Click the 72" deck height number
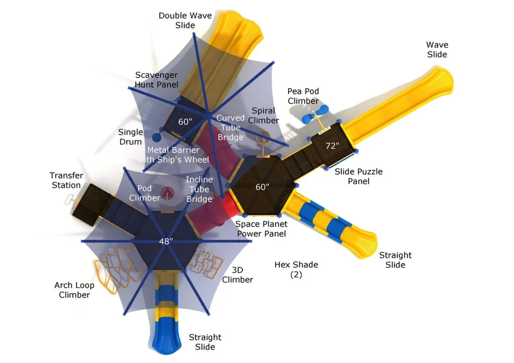point(332,146)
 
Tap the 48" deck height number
point(166,241)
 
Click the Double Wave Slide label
point(185,20)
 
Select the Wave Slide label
point(437,50)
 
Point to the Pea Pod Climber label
point(303,96)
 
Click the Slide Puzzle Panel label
point(358,176)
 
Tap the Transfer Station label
point(66,180)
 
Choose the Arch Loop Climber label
point(74,290)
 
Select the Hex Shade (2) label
point(296,269)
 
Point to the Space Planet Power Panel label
point(261,228)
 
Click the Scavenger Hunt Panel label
point(156,79)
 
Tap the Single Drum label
point(130,137)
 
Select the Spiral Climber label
point(264,115)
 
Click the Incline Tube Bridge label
point(199,189)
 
